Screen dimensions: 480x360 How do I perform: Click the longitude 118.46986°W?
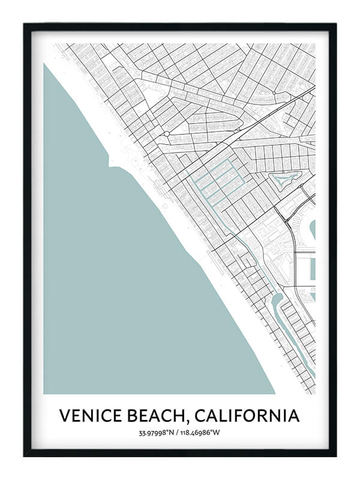tap(203, 433)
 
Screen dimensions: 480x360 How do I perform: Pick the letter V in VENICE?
tap(65, 415)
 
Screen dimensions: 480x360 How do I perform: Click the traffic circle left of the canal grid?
tap(167, 133)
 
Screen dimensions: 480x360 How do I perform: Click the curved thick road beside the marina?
tap(292, 240)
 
